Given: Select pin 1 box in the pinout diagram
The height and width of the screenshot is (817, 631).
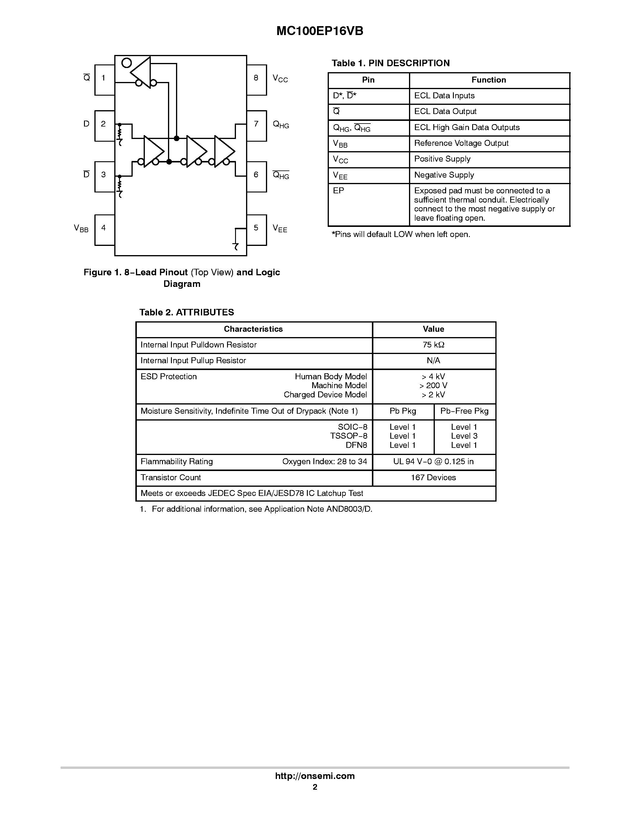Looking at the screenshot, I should (104, 80).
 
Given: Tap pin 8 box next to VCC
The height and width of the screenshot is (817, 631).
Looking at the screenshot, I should (256, 80).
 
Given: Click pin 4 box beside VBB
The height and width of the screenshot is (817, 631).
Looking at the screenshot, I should (104, 230).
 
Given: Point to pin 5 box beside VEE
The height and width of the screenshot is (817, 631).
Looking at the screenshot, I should (256, 230).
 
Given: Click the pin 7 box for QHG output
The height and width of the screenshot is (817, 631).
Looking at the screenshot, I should (256, 126).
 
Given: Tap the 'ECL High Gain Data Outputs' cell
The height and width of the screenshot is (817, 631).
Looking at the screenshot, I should (467, 128).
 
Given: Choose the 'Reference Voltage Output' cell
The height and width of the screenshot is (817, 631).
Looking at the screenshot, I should (461, 143).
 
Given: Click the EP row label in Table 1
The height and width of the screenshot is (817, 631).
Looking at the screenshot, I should (339, 191).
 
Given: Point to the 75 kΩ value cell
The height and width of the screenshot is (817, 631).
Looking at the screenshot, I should (434, 345).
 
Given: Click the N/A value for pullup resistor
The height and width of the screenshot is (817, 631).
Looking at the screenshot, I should (434, 361).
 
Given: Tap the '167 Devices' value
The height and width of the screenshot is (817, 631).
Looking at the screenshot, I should (433, 478).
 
